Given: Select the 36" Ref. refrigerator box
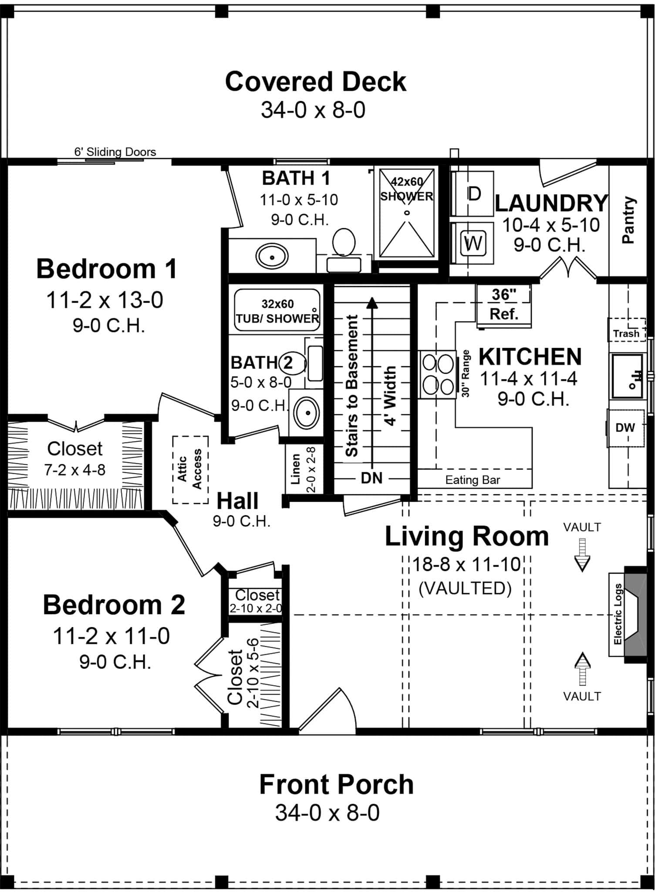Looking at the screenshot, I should pyautogui.click(x=504, y=304).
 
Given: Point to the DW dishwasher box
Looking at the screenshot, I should pyautogui.click(x=625, y=428).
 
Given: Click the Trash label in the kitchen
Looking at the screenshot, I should pyautogui.click(x=626, y=334).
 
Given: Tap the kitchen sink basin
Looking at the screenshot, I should pyautogui.click(x=627, y=376).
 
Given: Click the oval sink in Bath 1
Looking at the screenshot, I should pyautogui.click(x=272, y=257).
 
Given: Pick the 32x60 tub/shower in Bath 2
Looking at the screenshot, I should pyautogui.click(x=277, y=311).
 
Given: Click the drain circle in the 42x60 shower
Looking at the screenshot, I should pyautogui.click(x=407, y=213).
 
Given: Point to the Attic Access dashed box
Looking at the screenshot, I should pyautogui.click(x=190, y=470).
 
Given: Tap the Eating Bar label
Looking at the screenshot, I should pyautogui.click(x=472, y=480).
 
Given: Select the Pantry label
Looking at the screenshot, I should pyautogui.click(x=628, y=220).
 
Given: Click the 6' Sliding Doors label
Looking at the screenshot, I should pyautogui.click(x=115, y=152).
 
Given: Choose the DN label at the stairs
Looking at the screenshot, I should pyautogui.click(x=371, y=478).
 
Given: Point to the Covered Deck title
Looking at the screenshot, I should pyautogui.click(x=315, y=81).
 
